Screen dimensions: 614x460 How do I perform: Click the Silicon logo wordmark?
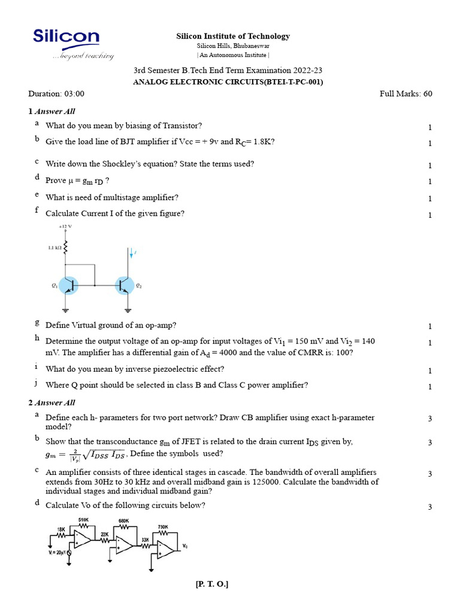point(66,37)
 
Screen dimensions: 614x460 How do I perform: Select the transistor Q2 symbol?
point(125,285)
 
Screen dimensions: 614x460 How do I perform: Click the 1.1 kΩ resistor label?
point(55,247)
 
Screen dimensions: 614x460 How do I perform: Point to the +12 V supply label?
point(65,227)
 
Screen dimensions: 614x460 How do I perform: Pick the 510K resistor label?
point(84,519)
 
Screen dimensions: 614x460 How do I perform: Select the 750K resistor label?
point(163,526)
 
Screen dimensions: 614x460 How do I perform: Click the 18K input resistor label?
point(61,529)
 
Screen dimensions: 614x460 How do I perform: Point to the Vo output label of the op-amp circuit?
point(185,546)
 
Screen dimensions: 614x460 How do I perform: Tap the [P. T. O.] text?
point(212,584)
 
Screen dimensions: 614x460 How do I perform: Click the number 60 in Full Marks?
point(426,94)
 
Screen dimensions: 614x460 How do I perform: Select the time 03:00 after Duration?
point(74,94)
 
